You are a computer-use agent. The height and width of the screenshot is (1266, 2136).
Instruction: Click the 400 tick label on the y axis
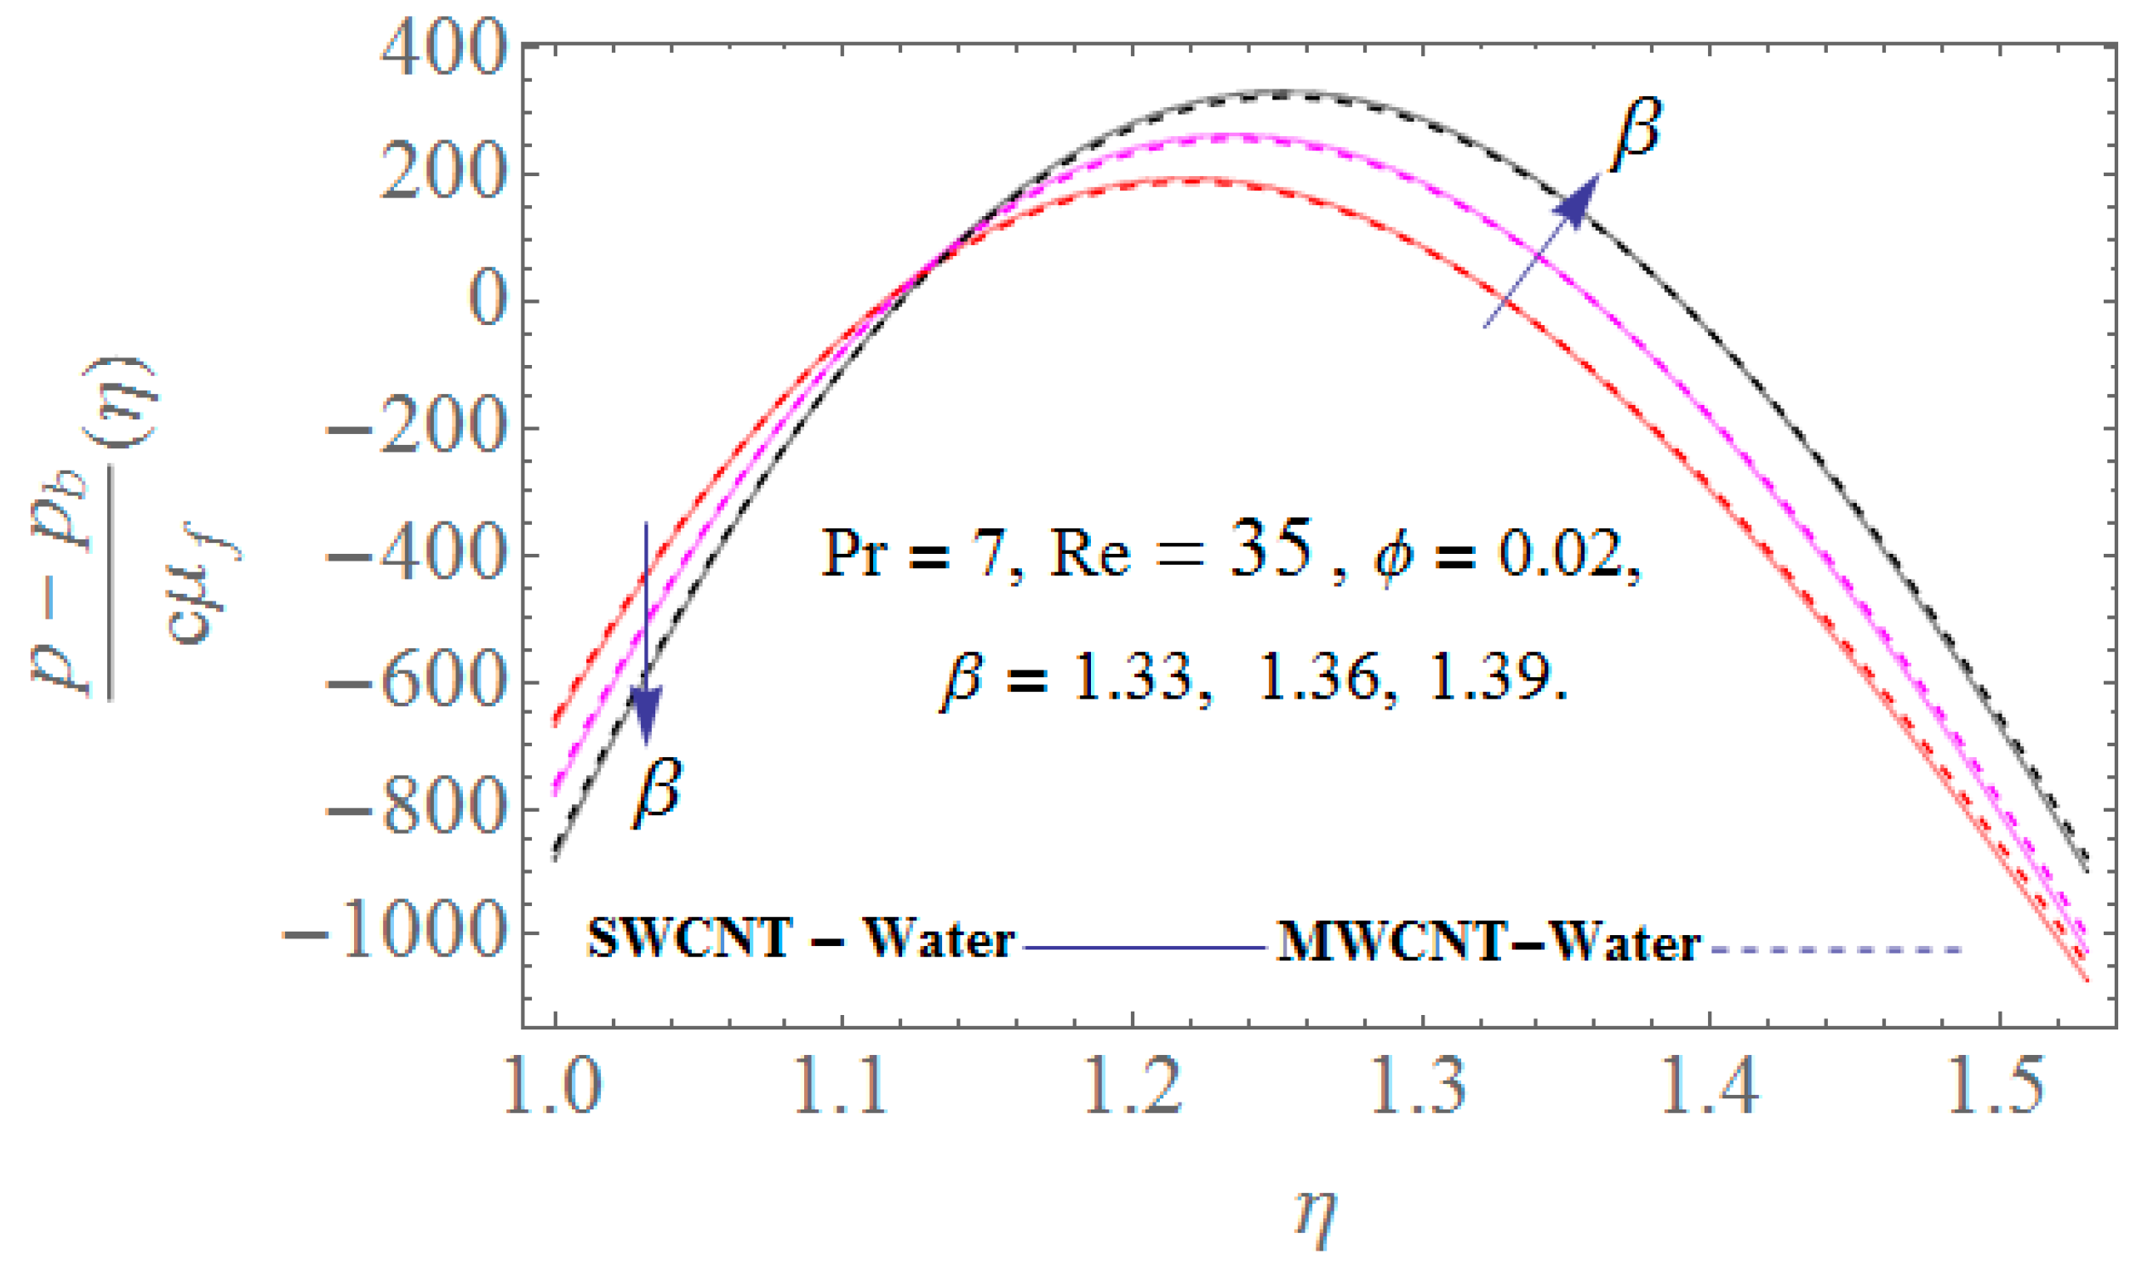point(440,49)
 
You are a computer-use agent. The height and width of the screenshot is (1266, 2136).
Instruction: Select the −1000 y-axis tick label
point(392,934)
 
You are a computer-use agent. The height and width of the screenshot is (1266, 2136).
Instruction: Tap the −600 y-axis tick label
point(413,682)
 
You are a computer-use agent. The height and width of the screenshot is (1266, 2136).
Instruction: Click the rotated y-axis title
point(136,529)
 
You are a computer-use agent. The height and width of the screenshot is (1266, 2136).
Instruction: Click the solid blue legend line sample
point(1143,947)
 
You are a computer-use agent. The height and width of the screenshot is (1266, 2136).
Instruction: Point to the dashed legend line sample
point(1834,949)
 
